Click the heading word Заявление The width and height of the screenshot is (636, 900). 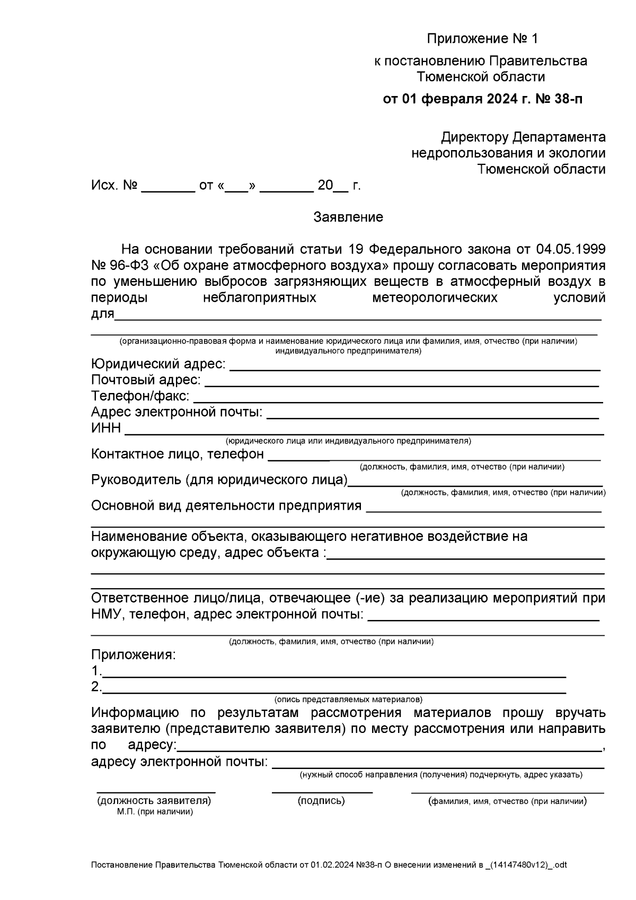(x=348, y=217)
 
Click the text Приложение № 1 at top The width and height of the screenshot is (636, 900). (x=482, y=39)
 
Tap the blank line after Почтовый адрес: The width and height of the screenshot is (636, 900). (x=401, y=383)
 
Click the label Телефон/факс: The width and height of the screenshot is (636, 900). (x=140, y=396)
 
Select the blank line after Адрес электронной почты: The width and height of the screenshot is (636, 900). (x=432, y=417)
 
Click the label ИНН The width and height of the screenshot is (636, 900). (x=105, y=428)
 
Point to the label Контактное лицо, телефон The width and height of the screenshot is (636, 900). (x=177, y=454)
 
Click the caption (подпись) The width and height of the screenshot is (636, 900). (x=321, y=801)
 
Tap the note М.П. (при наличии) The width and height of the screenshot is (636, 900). (x=155, y=812)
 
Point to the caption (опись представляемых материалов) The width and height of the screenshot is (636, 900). (x=348, y=700)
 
